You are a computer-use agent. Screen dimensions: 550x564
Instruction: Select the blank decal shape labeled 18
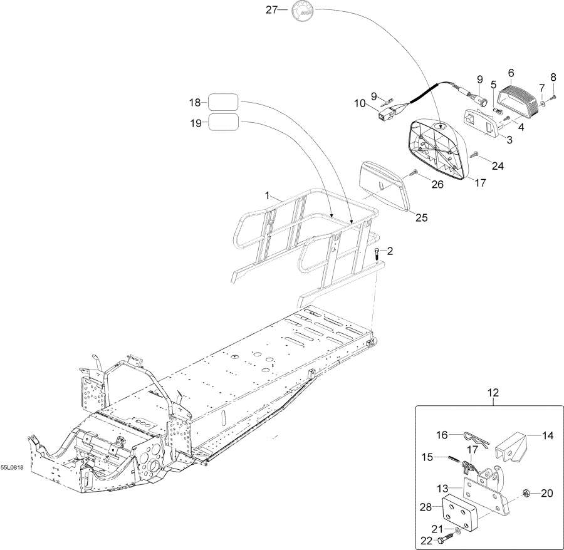click(222, 101)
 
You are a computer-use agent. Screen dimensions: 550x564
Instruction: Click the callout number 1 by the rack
click(268, 195)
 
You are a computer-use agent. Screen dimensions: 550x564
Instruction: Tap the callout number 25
click(421, 218)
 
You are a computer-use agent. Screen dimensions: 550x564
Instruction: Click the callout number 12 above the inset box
click(493, 393)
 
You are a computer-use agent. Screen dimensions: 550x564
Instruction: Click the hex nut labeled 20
click(528, 494)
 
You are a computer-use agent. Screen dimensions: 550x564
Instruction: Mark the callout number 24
click(497, 166)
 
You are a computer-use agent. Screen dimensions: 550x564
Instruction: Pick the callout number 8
click(553, 78)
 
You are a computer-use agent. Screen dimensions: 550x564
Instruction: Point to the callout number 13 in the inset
click(441, 487)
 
